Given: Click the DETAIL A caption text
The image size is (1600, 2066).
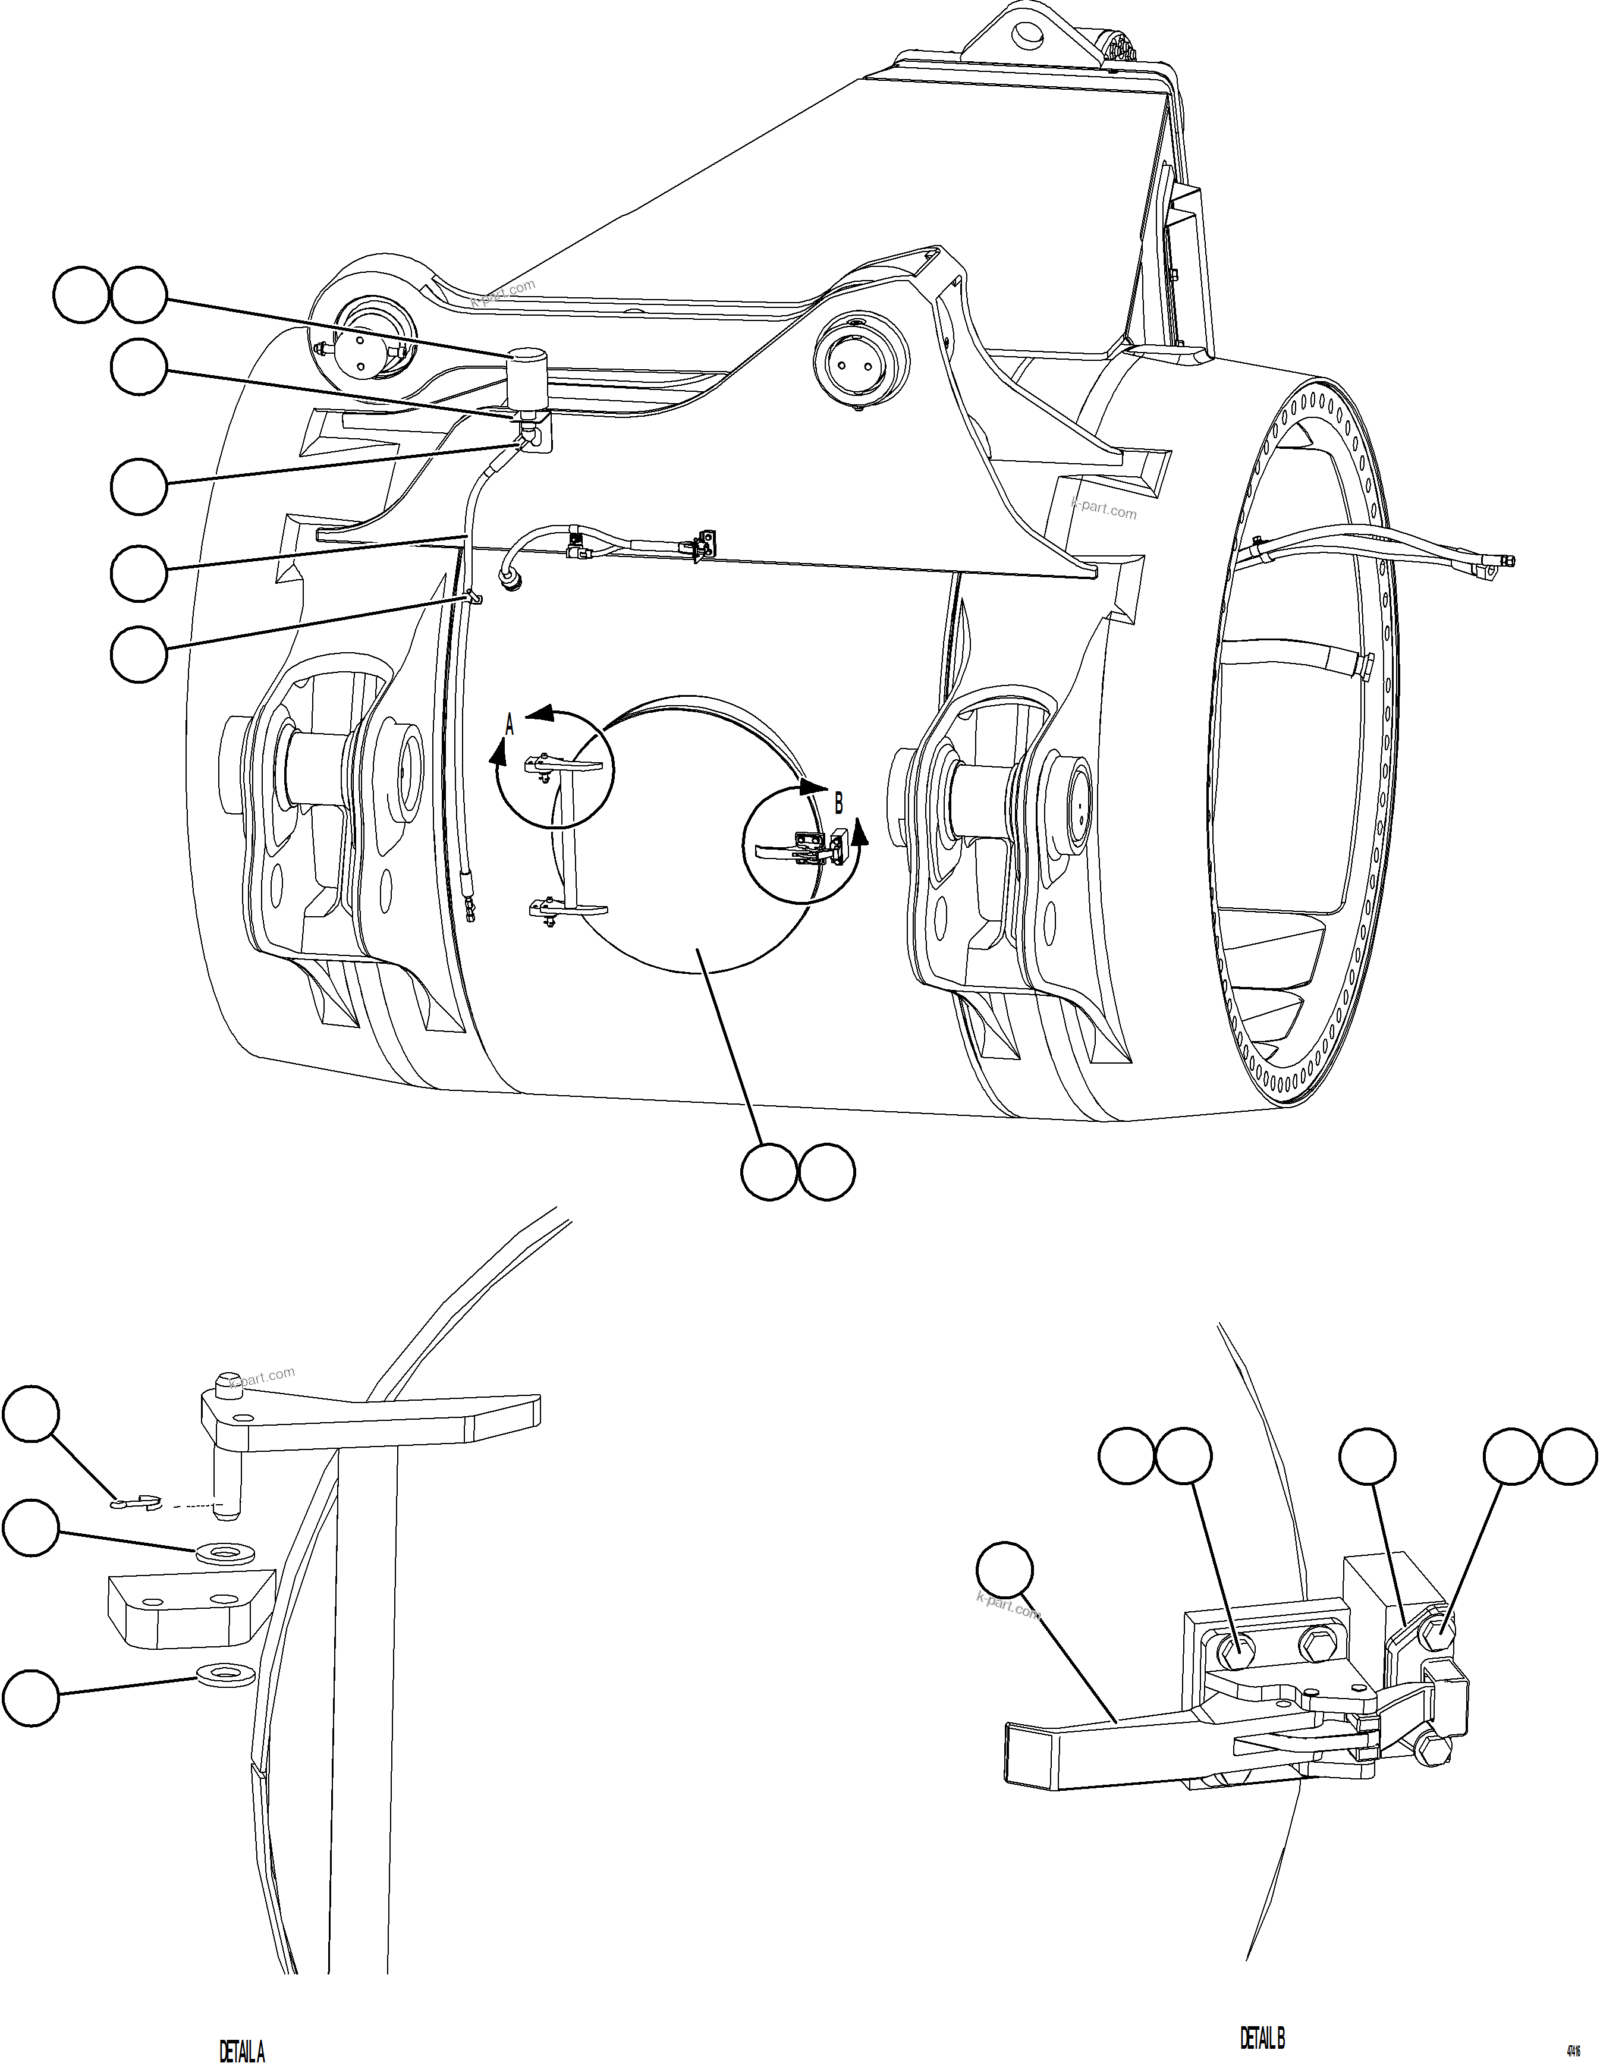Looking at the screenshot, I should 242,2051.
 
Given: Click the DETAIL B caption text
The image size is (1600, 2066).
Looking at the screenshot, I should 1262,2037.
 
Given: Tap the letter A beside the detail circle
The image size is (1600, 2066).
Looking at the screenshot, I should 509,725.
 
